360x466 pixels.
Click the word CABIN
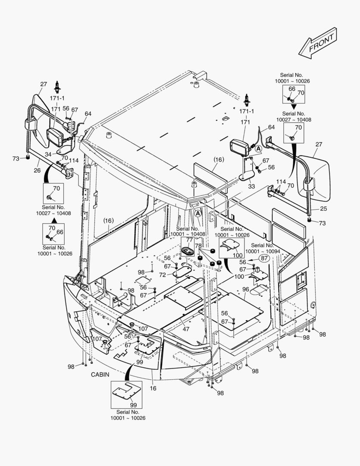click(100, 375)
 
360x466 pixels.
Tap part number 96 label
click(245, 290)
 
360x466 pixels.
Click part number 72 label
click(163, 275)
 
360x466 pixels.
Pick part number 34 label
click(48, 154)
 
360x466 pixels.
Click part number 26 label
click(38, 170)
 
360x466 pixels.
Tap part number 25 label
click(323, 209)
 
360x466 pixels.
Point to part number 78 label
click(198, 246)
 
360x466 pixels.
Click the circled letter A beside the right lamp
click(258, 149)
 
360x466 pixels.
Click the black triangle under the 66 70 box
click(293, 106)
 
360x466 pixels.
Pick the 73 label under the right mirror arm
click(322, 223)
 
